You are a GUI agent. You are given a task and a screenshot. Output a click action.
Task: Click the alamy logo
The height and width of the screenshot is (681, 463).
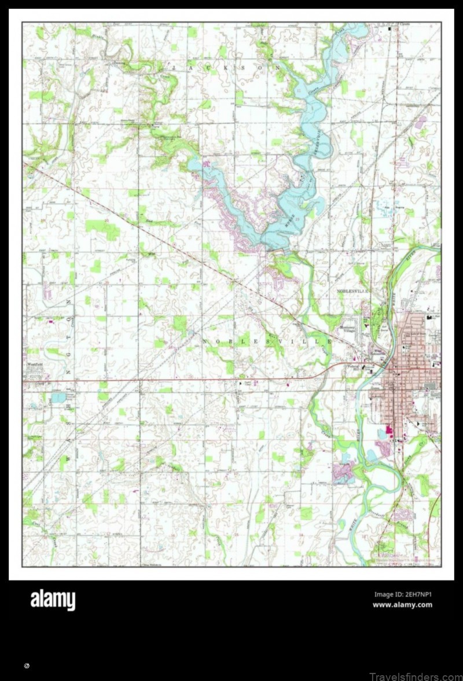pyautogui.click(x=53, y=600)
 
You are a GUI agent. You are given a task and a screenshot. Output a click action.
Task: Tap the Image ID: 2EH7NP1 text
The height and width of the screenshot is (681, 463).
pyautogui.click(x=402, y=594)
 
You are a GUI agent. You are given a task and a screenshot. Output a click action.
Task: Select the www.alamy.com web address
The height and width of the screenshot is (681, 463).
pyautogui.click(x=402, y=605)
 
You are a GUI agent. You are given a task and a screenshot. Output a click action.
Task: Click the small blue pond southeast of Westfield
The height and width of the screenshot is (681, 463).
pyautogui.click(x=58, y=397)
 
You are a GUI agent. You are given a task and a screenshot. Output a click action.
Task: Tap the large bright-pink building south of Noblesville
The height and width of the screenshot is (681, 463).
pyautogui.click(x=388, y=431)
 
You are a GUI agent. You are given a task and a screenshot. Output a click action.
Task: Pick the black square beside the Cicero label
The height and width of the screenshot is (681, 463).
pyautogui.click(x=396, y=28)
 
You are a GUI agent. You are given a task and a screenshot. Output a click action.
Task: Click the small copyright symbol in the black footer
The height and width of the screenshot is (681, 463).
pyautogui.click(x=27, y=667)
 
